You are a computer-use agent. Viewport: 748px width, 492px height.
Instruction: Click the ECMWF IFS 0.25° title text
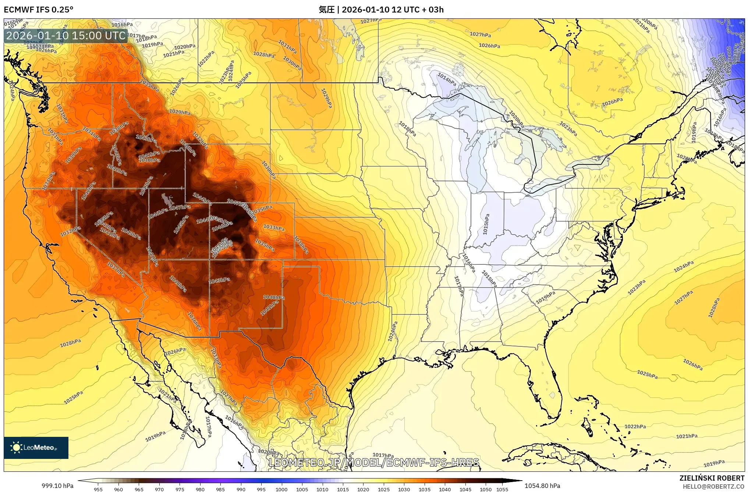point(39,10)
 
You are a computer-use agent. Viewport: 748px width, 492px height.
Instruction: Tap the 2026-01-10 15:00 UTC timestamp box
point(66,36)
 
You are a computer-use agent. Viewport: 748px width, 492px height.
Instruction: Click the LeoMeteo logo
point(36,448)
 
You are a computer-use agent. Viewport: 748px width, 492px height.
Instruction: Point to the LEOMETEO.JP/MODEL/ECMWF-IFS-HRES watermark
point(374,462)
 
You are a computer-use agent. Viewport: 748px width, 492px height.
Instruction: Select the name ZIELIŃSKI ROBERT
point(712,478)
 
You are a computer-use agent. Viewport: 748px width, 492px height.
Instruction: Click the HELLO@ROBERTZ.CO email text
point(713,486)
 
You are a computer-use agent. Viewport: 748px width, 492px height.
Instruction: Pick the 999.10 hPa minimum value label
point(57,486)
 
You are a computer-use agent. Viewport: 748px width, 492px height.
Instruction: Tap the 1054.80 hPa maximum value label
point(542,486)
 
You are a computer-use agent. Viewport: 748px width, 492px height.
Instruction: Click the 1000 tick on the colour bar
point(281,489)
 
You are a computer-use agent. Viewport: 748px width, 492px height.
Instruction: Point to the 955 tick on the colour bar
point(98,489)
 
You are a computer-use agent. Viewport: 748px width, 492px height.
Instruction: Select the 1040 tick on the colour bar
point(444,489)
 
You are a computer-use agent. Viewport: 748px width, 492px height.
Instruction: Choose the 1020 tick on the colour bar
point(363,489)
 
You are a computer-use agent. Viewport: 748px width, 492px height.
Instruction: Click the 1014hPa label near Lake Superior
point(447,79)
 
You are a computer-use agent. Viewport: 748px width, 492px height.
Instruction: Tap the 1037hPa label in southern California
point(116,270)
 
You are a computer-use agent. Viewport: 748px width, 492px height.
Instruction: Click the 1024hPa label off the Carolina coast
point(684,267)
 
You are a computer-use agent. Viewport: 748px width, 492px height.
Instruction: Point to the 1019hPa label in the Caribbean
point(714,463)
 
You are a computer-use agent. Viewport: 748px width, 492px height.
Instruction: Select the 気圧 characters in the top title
point(326,10)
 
